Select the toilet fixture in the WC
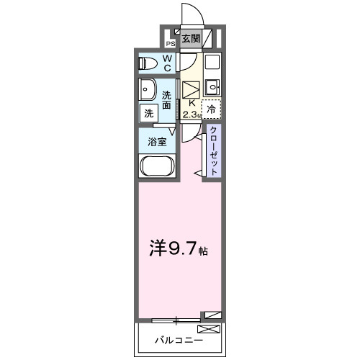click(148, 63)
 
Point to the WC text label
click(167, 63)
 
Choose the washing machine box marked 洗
click(148, 113)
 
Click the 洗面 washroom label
click(167, 99)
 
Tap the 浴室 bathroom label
click(158, 142)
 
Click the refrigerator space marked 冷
click(211, 109)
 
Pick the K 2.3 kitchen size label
click(191, 108)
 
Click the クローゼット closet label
click(214, 148)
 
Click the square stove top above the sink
click(211, 63)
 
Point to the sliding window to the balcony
click(176, 317)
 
